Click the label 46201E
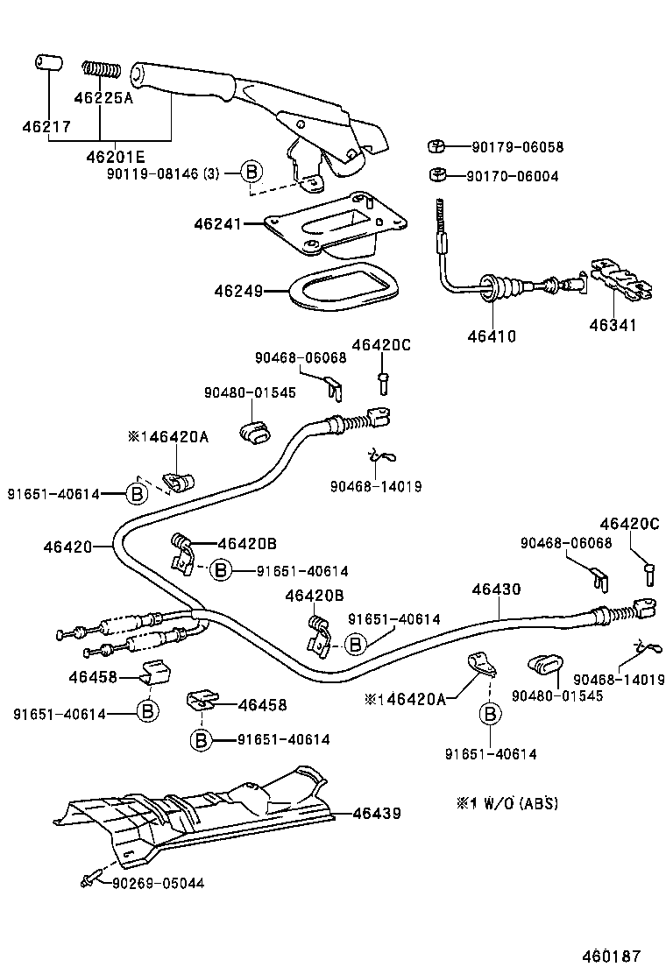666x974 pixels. pyautogui.click(x=115, y=158)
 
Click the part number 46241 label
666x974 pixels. pyautogui.click(x=217, y=224)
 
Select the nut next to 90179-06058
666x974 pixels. pyautogui.click(x=436, y=146)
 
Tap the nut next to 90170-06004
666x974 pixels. pyautogui.click(x=436, y=175)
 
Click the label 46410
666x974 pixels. pyautogui.click(x=492, y=335)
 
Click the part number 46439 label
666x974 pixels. pyautogui.click(x=377, y=814)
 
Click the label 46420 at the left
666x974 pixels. pyautogui.click(x=67, y=547)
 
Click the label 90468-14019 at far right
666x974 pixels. pyautogui.click(x=619, y=679)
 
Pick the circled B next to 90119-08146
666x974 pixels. pyautogui.click(x=250, y=172)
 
